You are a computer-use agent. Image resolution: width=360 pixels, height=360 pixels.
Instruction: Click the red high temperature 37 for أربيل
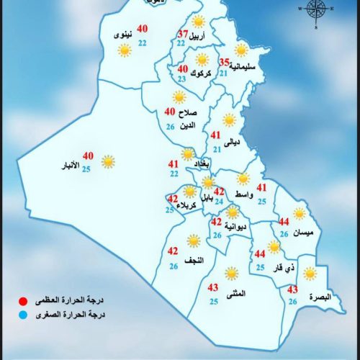pyautogui.click(x=184, y=35)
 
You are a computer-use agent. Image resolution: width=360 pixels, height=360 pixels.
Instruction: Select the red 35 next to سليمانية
pyautogui.click(x=224, y=63)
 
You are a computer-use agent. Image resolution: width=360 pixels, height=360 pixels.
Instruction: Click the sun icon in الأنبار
pyautogui.click(x=108, y=161)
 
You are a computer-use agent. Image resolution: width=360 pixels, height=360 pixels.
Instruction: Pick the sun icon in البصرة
pyautogui.click(x=310, y=274)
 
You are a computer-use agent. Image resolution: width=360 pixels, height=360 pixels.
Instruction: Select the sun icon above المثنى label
pyautogui.click(x=232, y=274)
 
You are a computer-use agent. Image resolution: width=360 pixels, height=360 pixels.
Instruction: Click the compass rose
pyautogui.click(x=314, y=9)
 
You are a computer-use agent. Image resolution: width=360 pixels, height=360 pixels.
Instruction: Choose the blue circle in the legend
pyautogui.click(x=24, y=315)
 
